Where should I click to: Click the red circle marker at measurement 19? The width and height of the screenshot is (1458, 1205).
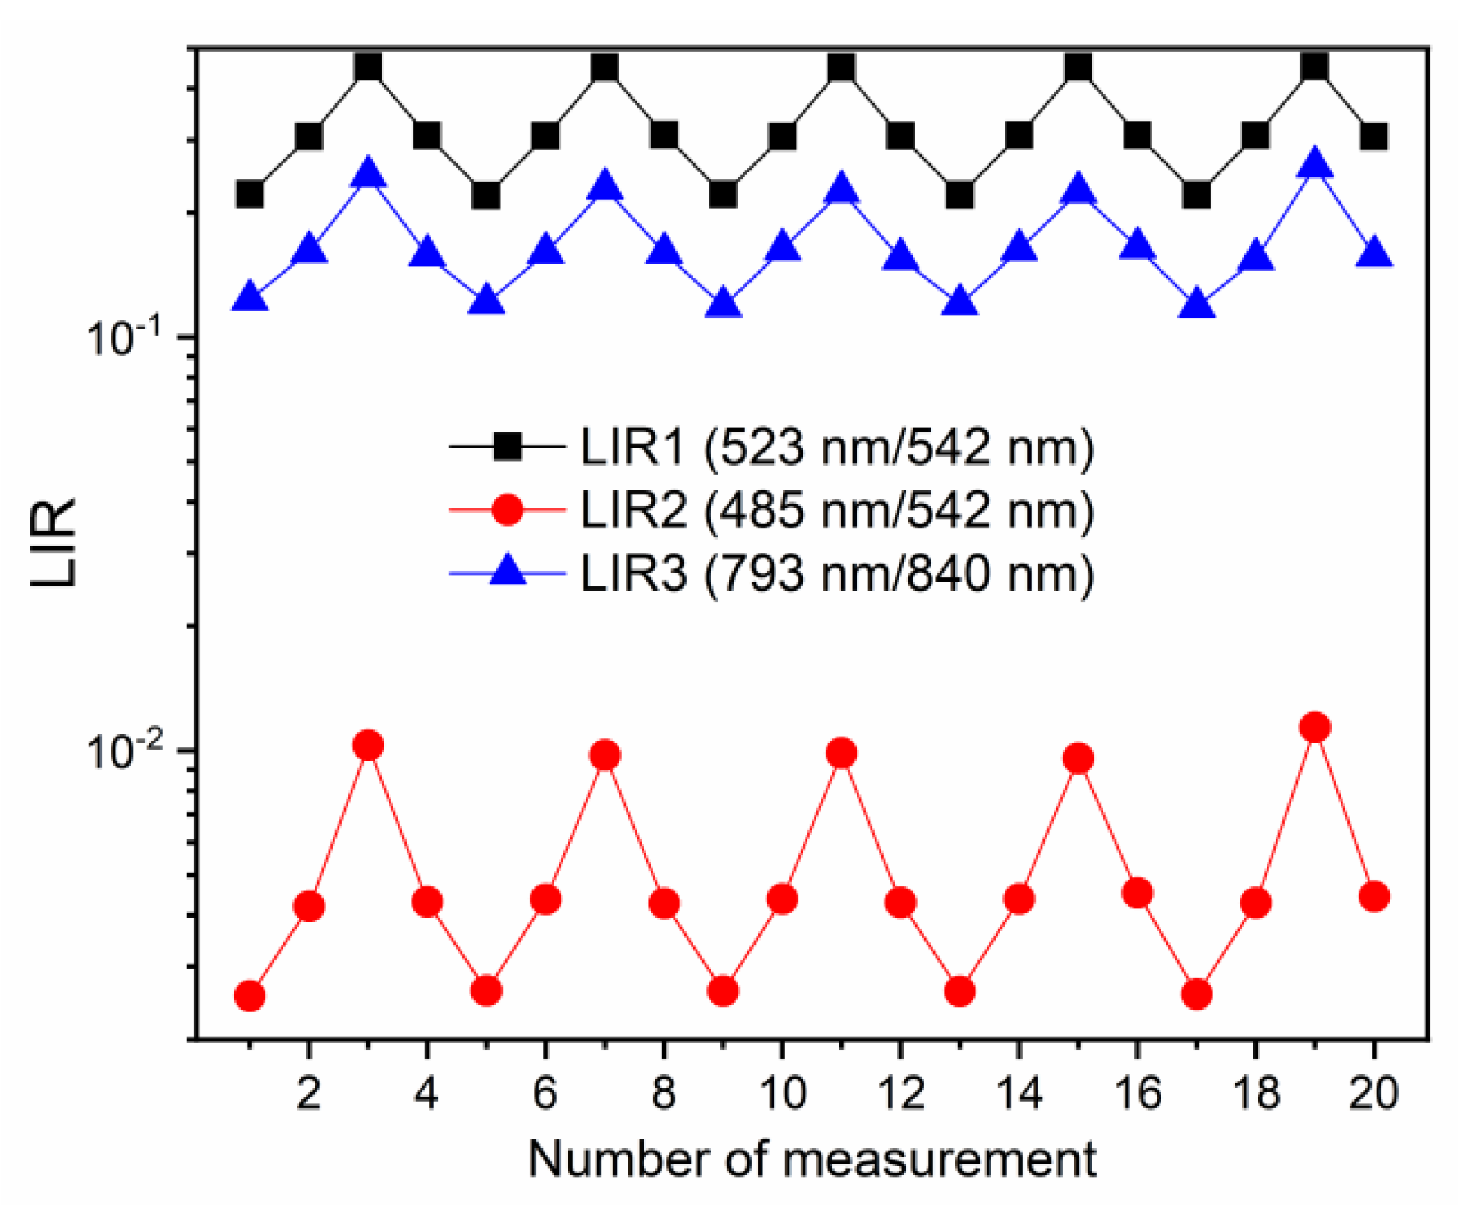point(1315,727)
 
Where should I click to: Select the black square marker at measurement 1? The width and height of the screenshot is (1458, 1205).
point(250,195)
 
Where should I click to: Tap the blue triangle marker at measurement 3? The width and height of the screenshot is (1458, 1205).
point(368,175)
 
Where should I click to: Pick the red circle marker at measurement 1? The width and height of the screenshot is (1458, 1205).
point(250,996)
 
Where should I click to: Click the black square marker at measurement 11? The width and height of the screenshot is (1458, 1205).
point(841,67)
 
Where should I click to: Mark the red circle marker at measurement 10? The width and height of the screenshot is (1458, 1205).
point(782,899)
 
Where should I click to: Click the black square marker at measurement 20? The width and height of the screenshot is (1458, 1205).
point(1374,136)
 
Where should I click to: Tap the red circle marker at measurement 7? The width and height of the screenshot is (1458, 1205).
point(605,755)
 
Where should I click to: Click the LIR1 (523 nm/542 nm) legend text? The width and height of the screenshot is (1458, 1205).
point(837,448)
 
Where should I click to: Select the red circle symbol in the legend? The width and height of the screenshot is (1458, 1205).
point(508,510)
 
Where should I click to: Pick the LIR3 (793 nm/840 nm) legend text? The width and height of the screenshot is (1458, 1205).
point(837,573)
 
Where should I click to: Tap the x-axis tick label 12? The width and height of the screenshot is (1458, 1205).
point(901,1093)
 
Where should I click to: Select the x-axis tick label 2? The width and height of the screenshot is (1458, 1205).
point(309,1093)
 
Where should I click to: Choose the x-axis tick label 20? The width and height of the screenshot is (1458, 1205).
point(1373,1093)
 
